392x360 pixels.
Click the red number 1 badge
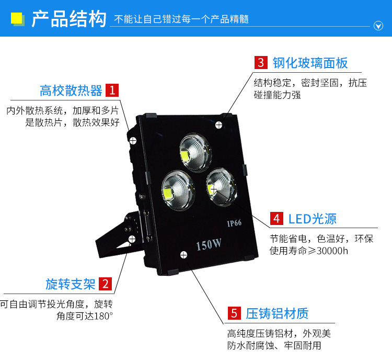coord(112,90)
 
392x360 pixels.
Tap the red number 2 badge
coord(105,284)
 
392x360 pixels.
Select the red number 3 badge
coord(261,63)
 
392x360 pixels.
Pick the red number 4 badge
coord(276,219)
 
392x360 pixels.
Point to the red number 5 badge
coord(234,313)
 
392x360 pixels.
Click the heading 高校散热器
coord(71,91)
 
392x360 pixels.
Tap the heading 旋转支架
coord(71,284)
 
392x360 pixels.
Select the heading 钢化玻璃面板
coord(310,63)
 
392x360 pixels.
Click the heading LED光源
coord(313,219)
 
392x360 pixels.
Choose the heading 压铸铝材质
coord(277,313)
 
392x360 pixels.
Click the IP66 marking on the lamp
coord(234,223)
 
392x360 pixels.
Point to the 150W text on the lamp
coord(209,244)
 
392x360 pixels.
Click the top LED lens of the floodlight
coord(195,152)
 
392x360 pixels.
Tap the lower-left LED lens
coord(178,191)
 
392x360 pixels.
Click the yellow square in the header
coord(17,18)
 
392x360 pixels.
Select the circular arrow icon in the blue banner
coord(378,26)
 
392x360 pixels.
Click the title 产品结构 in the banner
coord(69,18)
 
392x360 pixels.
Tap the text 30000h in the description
coord(332,251)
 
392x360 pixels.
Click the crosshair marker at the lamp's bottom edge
coord(184,255)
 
